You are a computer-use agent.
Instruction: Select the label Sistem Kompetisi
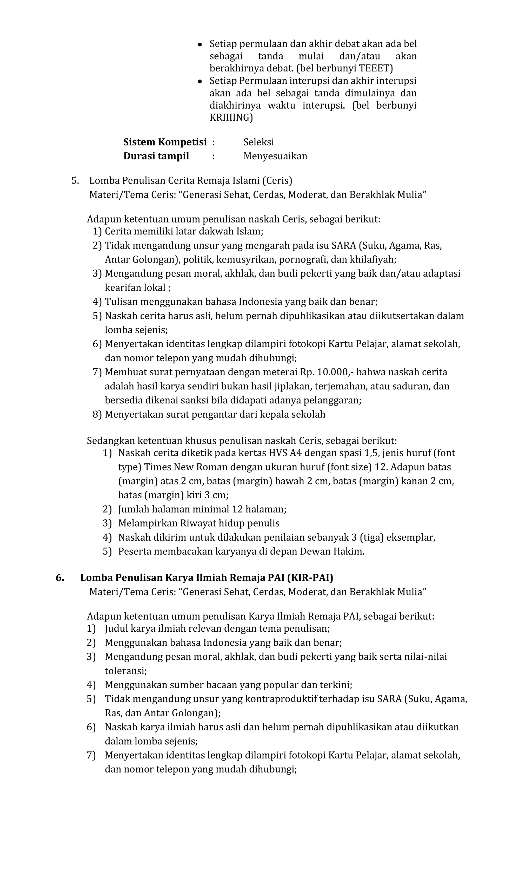(165, 142)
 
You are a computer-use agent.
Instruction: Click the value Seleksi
(258, 142)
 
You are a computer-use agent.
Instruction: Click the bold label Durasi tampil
(156, 156)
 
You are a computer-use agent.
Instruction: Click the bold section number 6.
(60, 578)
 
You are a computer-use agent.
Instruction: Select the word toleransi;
(125, 671)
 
